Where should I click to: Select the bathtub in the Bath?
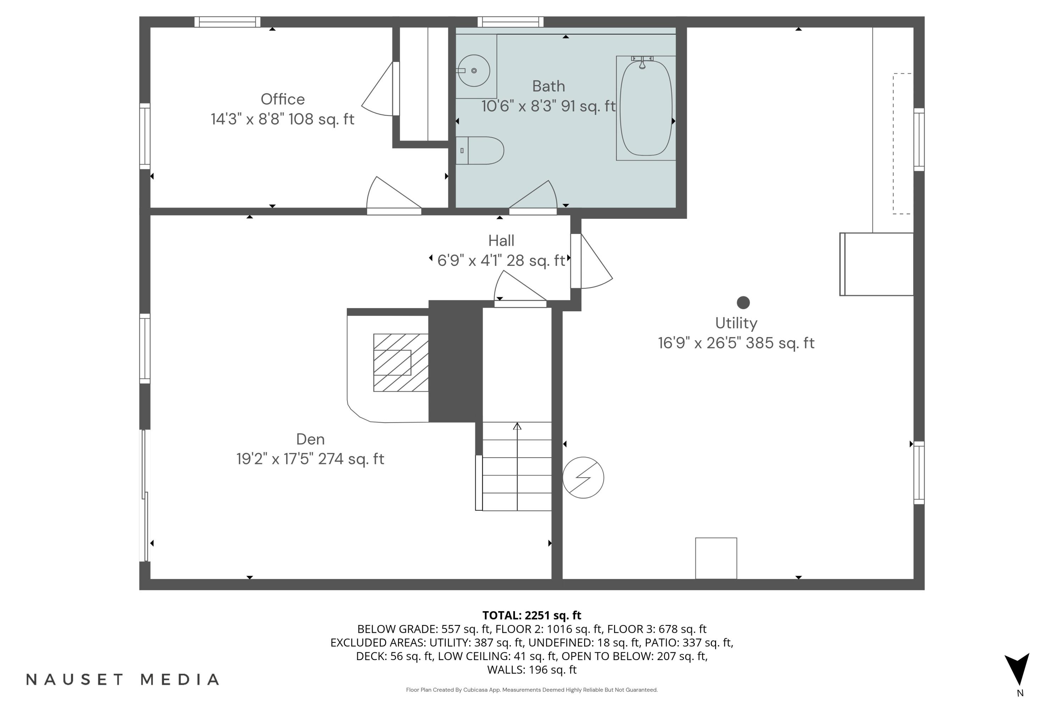[x=645, y=108]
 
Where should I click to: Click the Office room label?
[x=283, y=99]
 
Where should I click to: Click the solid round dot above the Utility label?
[x=743, y=302]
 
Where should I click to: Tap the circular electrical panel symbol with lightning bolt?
[x=583, y=478]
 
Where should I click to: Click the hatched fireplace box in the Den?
[x=400, y=363]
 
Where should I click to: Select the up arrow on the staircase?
[x=517, y=426]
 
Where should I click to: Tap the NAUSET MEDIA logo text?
[x=123, y=679]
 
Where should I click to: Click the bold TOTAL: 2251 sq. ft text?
[x=532, y=615]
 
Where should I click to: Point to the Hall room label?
[x=501, y=241]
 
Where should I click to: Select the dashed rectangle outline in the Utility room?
[x=902, y=143]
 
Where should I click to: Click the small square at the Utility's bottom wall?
[x=716, y=558]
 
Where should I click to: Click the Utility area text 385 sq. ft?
[x=780, y=343]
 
